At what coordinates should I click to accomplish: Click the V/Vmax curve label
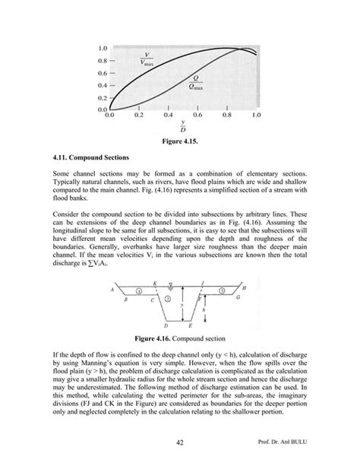click(x=147, y=59)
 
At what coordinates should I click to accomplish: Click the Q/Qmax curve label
click(x=195, y=82)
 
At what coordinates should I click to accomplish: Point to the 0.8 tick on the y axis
click(x=102, y=60)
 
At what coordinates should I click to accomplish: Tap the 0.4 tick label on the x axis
click(x=168, y=116)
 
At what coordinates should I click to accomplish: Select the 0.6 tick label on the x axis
click(x=197, y=116)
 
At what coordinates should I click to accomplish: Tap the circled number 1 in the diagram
click(x=137, y=291)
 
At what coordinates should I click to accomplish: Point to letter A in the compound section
click(x=112, y=290)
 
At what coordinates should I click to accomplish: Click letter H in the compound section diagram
click(x=243, y=289)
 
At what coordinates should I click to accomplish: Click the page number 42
click(x=179, y=440)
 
